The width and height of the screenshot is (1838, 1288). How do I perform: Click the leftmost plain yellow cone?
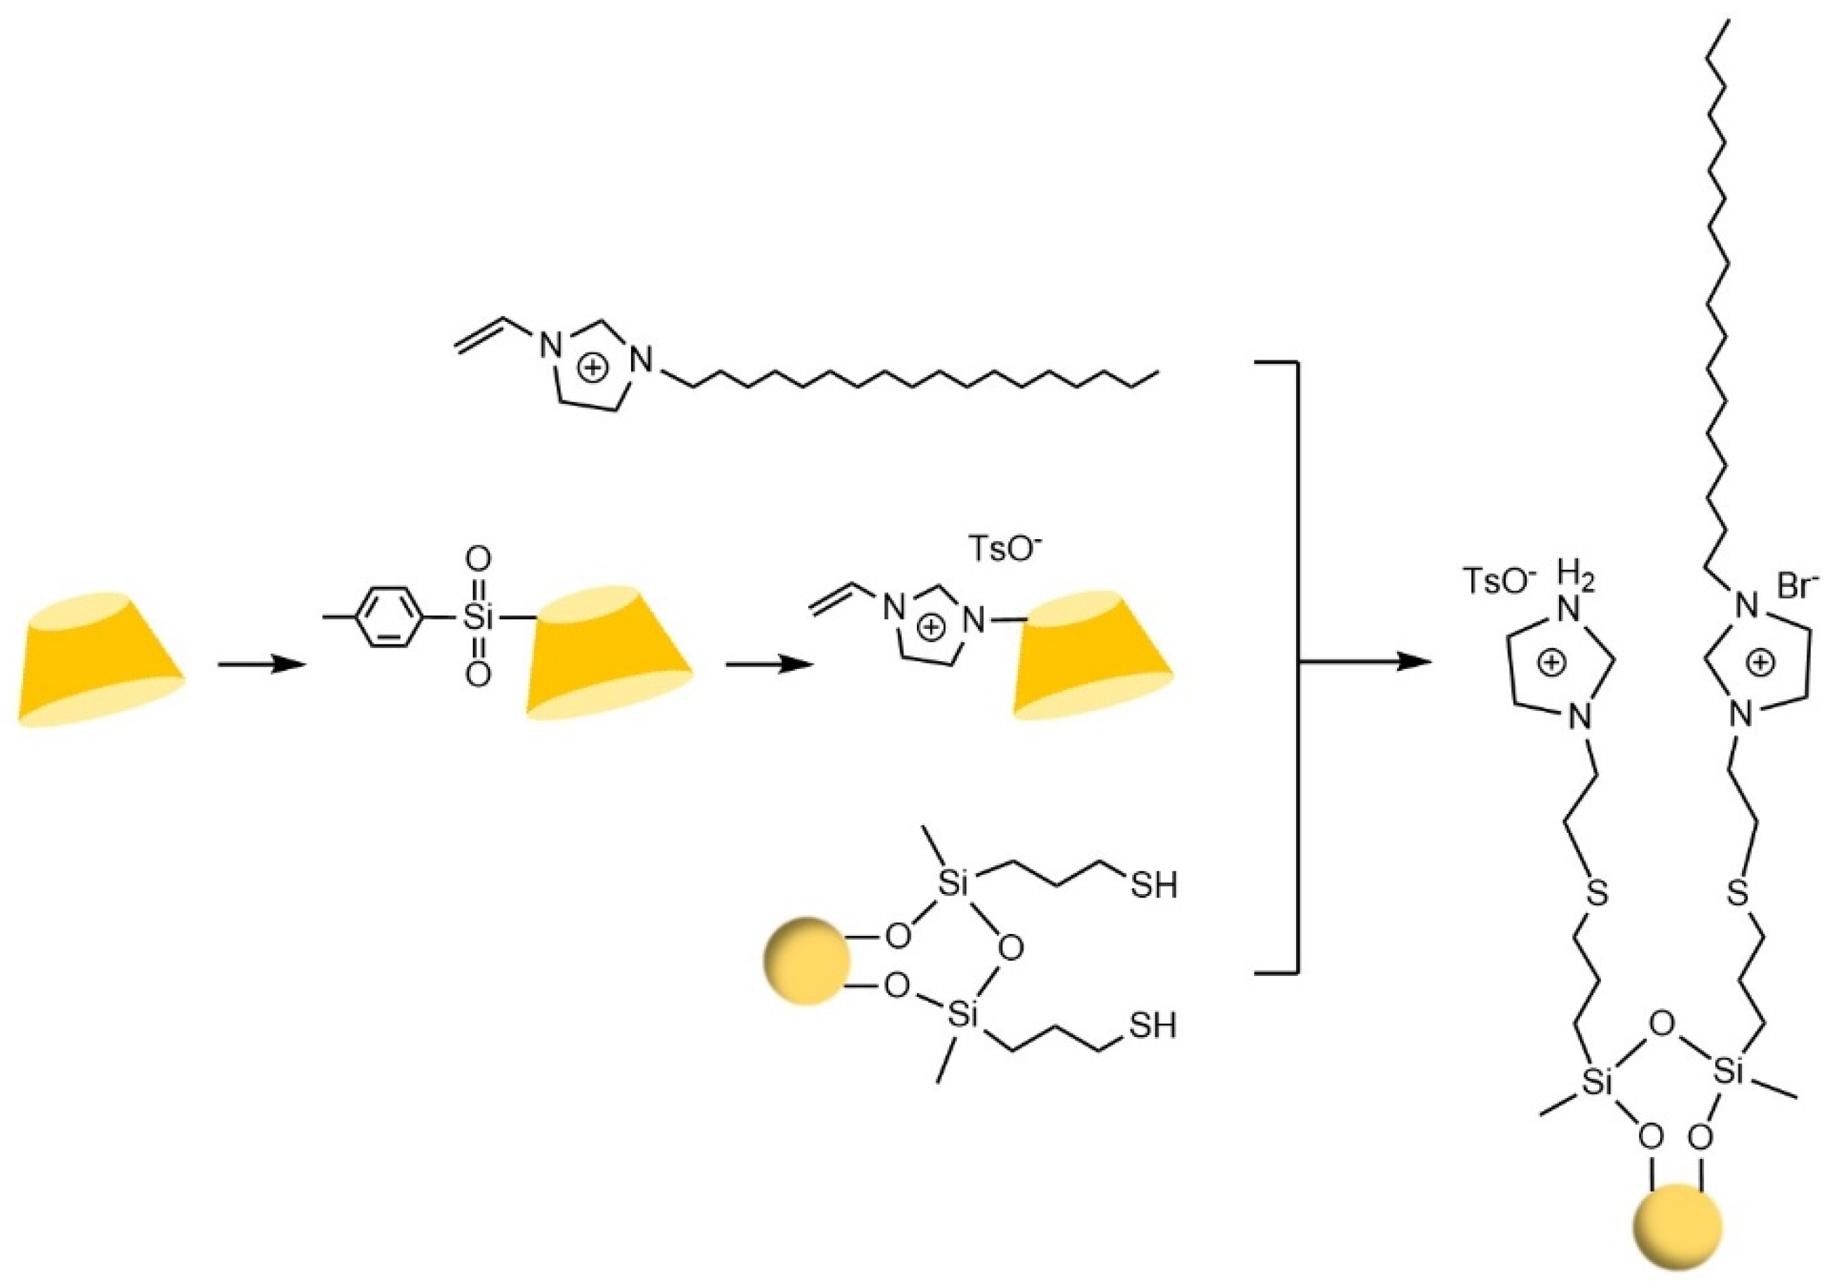tap(101, 660)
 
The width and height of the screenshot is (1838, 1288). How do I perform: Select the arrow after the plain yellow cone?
tap(263, 665)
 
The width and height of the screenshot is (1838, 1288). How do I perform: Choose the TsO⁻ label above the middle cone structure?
tap(1005, 550)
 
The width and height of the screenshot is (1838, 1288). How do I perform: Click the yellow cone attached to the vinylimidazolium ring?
tap(1093, 656)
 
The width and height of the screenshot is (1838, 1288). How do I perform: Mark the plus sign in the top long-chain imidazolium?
tap(592, 368)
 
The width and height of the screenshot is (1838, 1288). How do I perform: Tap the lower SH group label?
tap(1152, 1026)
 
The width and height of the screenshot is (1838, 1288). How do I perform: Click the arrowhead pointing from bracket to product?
tap(1417, 662)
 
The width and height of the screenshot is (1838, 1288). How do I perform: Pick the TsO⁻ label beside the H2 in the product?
tap(1498, 582)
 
